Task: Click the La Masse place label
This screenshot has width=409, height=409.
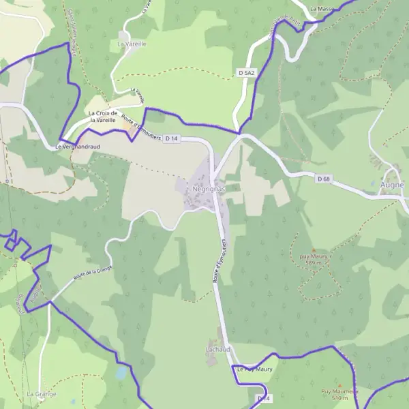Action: point(321,9)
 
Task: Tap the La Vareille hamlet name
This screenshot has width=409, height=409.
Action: point(132,44)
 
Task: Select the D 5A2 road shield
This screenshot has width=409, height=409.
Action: point(246,72)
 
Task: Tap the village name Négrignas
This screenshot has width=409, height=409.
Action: point(209,186)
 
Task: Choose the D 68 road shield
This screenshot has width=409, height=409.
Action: point(324,179)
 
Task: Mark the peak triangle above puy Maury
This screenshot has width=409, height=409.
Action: point(313,250)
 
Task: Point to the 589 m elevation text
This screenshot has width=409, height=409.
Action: point(313,263)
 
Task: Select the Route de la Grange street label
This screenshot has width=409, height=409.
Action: point(92,274)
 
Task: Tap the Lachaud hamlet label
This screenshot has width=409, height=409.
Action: point(218,349)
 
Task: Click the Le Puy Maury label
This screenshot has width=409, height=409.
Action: point(255,369)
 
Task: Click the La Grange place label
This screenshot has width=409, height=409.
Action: point(41,394)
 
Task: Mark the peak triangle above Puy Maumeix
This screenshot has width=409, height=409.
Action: point(335,384)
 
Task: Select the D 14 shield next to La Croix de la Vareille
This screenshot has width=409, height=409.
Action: point(171,139)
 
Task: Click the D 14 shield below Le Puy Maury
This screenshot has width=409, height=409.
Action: point(263,398)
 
